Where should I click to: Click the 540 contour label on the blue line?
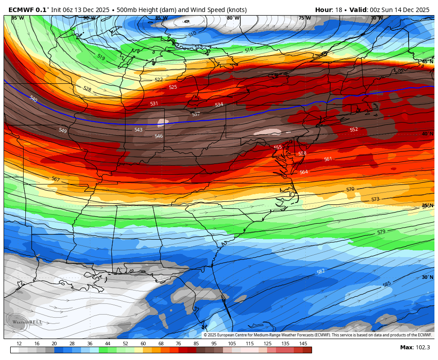[33, 99]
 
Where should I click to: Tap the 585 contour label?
[387, 284]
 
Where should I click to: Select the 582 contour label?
[320, 271]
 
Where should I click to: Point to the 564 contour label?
[304, 172]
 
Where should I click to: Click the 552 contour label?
[354, 130]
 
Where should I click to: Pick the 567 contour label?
[56, 179]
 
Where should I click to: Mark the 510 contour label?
[192, 34]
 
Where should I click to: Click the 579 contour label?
[381, 232]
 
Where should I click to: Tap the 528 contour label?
[87, 89]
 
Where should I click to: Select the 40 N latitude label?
[427, 134]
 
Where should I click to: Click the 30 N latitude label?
[427, 277]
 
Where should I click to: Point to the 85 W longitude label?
[161, 18]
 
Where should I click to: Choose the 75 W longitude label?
[304, 18]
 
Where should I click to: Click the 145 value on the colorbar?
[303, 344]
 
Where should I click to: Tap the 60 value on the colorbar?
[143, 344]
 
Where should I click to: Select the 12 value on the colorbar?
[19, 344]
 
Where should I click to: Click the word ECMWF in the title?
[21, 9]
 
